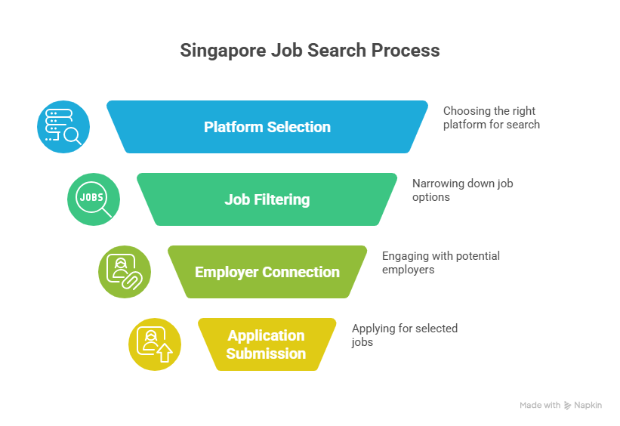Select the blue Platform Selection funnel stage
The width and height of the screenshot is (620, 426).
[267, 127]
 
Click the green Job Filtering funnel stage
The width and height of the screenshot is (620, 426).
[267, 199]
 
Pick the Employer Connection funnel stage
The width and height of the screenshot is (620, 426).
[267, 272]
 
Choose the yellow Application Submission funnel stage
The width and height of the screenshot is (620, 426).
[267, 344]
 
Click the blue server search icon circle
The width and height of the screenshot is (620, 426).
[63, 127]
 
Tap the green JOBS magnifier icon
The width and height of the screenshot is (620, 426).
[94, 199]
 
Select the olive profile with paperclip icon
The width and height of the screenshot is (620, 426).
[125, 272]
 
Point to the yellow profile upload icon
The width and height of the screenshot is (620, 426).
[155, 344]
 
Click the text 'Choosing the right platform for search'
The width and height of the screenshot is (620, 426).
[491, 118]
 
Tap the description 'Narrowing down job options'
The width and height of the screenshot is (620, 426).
[463, 190]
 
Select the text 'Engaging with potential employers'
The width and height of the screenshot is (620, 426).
[441, 263]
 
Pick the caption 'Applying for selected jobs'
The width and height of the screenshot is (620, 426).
[405, 335]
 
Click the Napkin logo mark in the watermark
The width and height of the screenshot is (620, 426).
[567, 406]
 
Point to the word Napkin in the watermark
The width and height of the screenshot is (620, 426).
[588, 405]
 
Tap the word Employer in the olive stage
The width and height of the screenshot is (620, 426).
[227, 273]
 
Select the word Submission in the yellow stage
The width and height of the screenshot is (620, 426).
[266, 353]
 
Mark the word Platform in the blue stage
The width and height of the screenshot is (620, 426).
[233, 127]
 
